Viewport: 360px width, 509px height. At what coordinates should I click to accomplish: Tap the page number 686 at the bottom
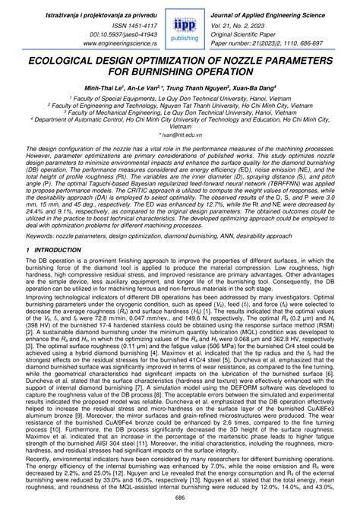(x=180, y=497)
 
